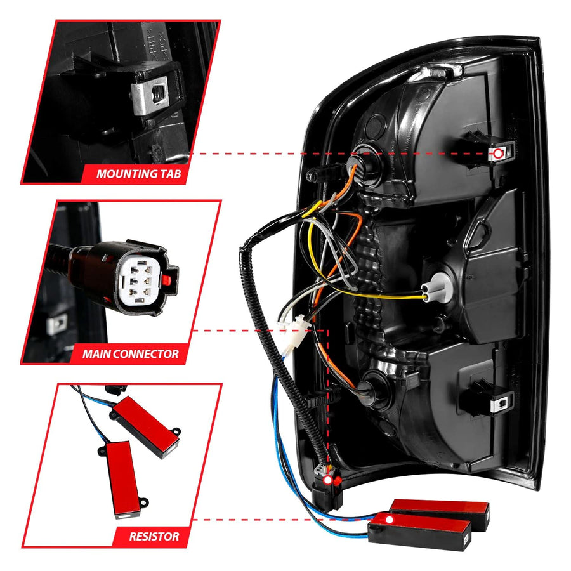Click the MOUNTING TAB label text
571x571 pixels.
(138, 173)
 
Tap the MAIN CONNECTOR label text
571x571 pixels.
(130, 353)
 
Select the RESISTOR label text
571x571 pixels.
(154, 536)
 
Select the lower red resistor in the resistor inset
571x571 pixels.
(122, 478)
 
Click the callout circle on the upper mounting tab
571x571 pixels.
(497, 154)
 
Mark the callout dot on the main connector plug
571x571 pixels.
(328, 480)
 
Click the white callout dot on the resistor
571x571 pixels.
(390, 520)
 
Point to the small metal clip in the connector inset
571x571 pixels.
(57, 324)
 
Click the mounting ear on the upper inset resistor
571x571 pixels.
(176, 431)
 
